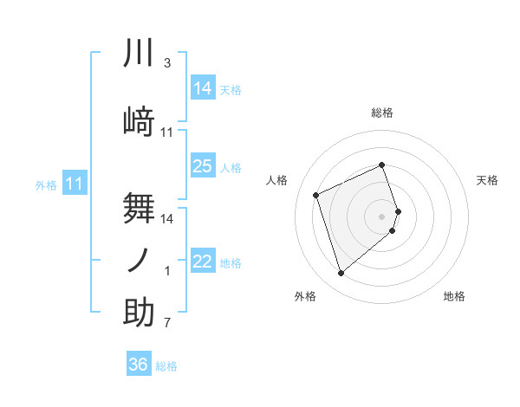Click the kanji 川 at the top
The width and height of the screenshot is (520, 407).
[x=139, y=55]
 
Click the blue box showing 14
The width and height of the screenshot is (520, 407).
[x=202, y=88]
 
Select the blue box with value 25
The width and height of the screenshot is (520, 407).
[x=202, y=166]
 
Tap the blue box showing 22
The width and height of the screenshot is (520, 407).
[x=202, y=262]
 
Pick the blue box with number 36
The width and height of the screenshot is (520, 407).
[x=139, y=365]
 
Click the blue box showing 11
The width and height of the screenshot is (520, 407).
[x=74, y=184]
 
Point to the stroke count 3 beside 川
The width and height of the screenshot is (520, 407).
[x=166, y=63]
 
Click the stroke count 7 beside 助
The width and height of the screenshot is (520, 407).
[x=166, y=324]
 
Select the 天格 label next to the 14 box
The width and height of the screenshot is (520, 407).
[x=231, y=89]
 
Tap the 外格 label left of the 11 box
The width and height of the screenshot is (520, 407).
[x=46, y=184]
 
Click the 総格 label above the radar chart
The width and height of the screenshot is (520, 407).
[x=382, y=113]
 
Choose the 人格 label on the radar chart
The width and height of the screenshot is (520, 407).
[x=277, y=180]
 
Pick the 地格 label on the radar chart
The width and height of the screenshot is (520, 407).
[x=454, y=296]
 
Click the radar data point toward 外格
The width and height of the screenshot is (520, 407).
[x=341, y=274]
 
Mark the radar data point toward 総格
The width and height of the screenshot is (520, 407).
[x=381, y=165]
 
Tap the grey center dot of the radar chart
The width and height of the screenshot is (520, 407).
[x=381, y=216]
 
